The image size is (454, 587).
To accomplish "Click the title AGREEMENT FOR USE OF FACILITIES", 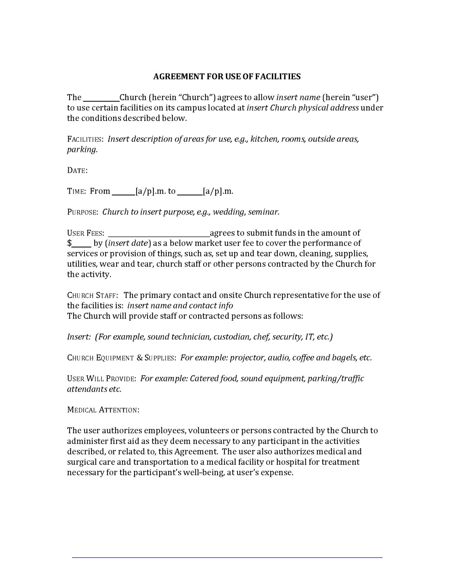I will click(x=227, y=77).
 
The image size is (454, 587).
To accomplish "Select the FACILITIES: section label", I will click(x=85, y=139).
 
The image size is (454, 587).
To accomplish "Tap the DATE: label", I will click(x=77, y=170).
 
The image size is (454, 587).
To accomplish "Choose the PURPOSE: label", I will click(x=82, y=212).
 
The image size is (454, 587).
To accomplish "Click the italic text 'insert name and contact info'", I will click(x=180, y=306).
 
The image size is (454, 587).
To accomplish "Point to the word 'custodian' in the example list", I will click(x=232, y=337).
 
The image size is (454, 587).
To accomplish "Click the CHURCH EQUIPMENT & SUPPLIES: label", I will click(x=122, y=358).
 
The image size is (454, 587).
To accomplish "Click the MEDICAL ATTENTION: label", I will click(x=103, y=410).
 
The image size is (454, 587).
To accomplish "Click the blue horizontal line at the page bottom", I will click(x=227, y=558).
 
